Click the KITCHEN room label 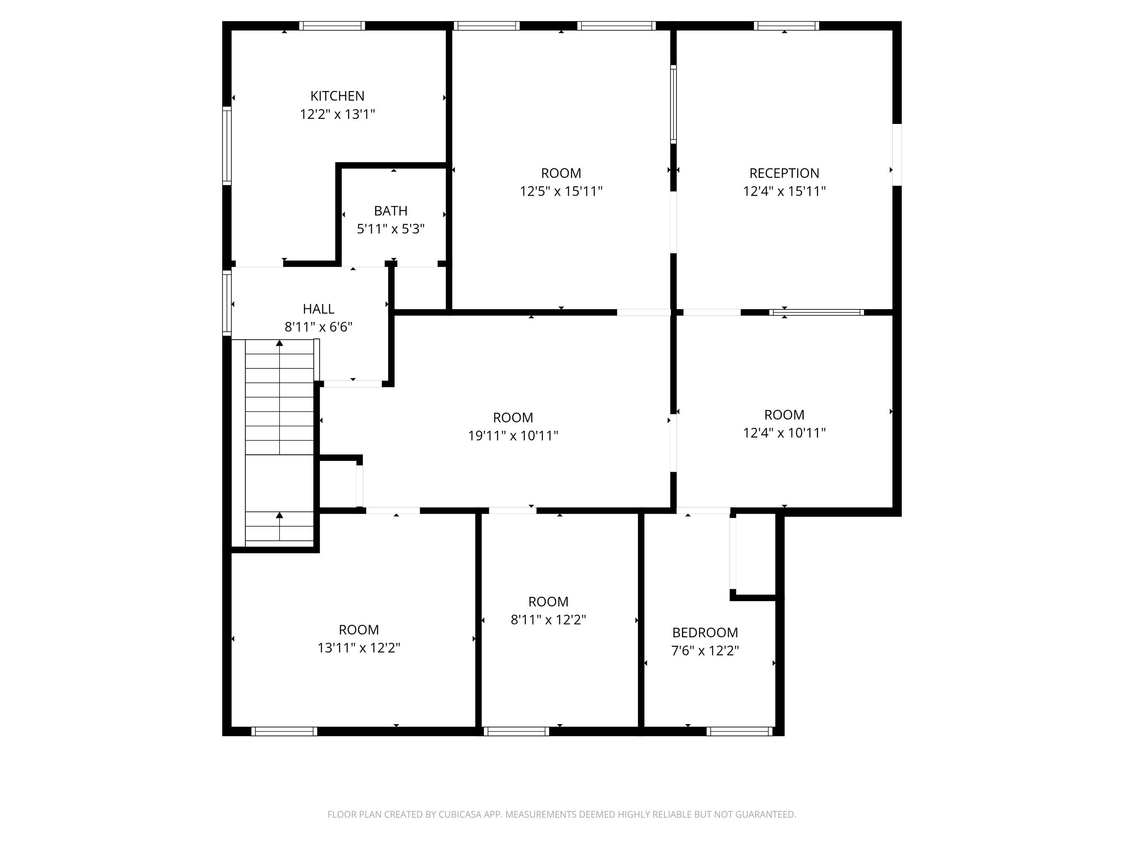click(338, 96)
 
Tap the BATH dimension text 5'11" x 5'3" click(391, 229)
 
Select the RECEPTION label click(784, 173)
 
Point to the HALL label click(319, 309)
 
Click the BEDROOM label click(705, 633)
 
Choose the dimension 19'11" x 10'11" click(513, 436)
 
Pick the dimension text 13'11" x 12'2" click(359, 648)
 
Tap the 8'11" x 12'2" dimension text click(548, 620)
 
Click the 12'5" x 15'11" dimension click(561, 191)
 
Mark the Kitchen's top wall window click(332, 26)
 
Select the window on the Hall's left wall click(227, 303)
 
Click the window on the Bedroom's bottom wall click(739, 731)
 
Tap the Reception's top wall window click(786, 26)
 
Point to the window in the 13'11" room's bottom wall click(284, 731)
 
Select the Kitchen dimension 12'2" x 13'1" click(338, 114)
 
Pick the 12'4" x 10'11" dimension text click(784, 433)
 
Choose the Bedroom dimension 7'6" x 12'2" click(705, 651)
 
